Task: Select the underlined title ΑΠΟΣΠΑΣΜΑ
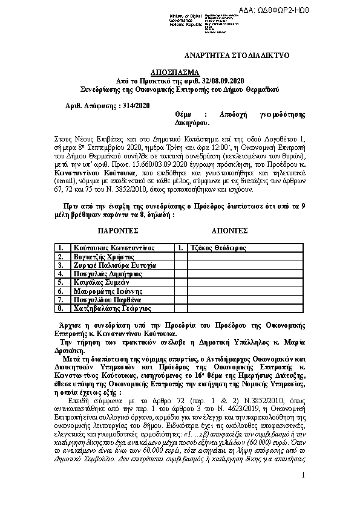(180, 71)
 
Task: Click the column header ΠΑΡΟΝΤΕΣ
(118, 230)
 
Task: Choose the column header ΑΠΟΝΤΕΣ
(229, 230)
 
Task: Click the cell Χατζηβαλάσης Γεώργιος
(111, 308)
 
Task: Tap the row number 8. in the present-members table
(61, 308)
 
